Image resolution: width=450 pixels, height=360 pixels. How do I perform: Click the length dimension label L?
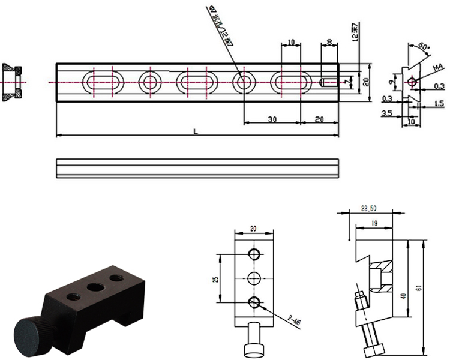coord(196,131)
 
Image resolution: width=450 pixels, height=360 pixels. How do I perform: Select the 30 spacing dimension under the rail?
coord(271,119)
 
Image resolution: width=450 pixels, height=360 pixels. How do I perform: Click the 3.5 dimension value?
coord(388,112)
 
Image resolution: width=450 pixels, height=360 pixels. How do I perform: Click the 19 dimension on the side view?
coord(374,223)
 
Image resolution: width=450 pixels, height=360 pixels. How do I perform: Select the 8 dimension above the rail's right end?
coord(329,43)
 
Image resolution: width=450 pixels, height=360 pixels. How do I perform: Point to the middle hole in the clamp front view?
coord(255,278)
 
